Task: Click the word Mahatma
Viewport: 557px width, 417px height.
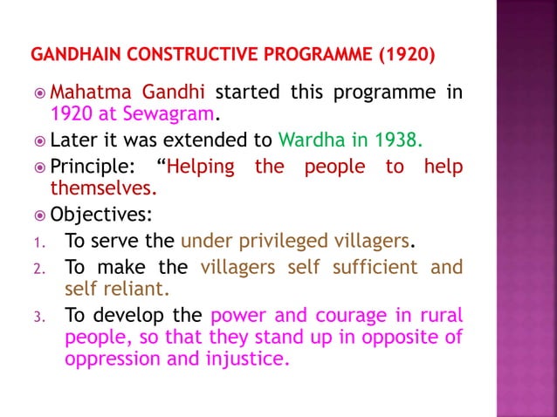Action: tap(88, 92)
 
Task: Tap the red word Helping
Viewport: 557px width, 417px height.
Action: tap(200, 167)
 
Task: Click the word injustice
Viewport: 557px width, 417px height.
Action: tap(246, 358)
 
